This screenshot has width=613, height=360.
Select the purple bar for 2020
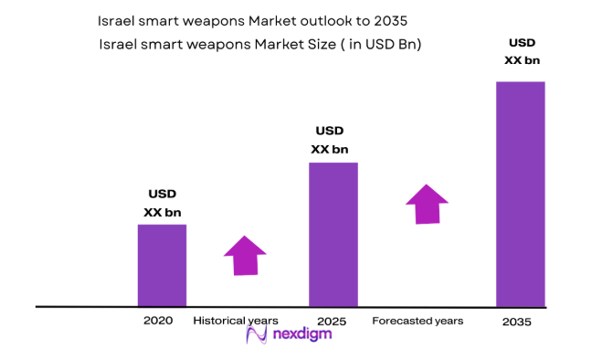(x=162, y=265)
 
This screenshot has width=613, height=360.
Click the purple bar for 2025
(x=333, y=234)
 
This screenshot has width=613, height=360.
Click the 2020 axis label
(x=157, y=321)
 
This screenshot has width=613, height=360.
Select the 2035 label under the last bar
(x=516, y=323)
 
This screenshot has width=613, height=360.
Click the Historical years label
(x=236, y=321)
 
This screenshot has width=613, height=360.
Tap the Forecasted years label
(x=417, y=321)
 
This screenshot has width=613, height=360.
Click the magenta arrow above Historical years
(x=244, y=255)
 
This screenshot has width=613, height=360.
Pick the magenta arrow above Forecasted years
(x=427, y=204)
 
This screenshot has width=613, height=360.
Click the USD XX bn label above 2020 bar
(x=162, y=203)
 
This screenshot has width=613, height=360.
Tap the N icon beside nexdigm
(x=257, y=335)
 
